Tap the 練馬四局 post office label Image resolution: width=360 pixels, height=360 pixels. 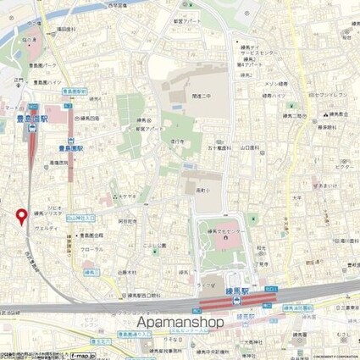point(89,119)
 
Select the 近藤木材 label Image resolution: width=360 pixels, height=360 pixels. point(129,273)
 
